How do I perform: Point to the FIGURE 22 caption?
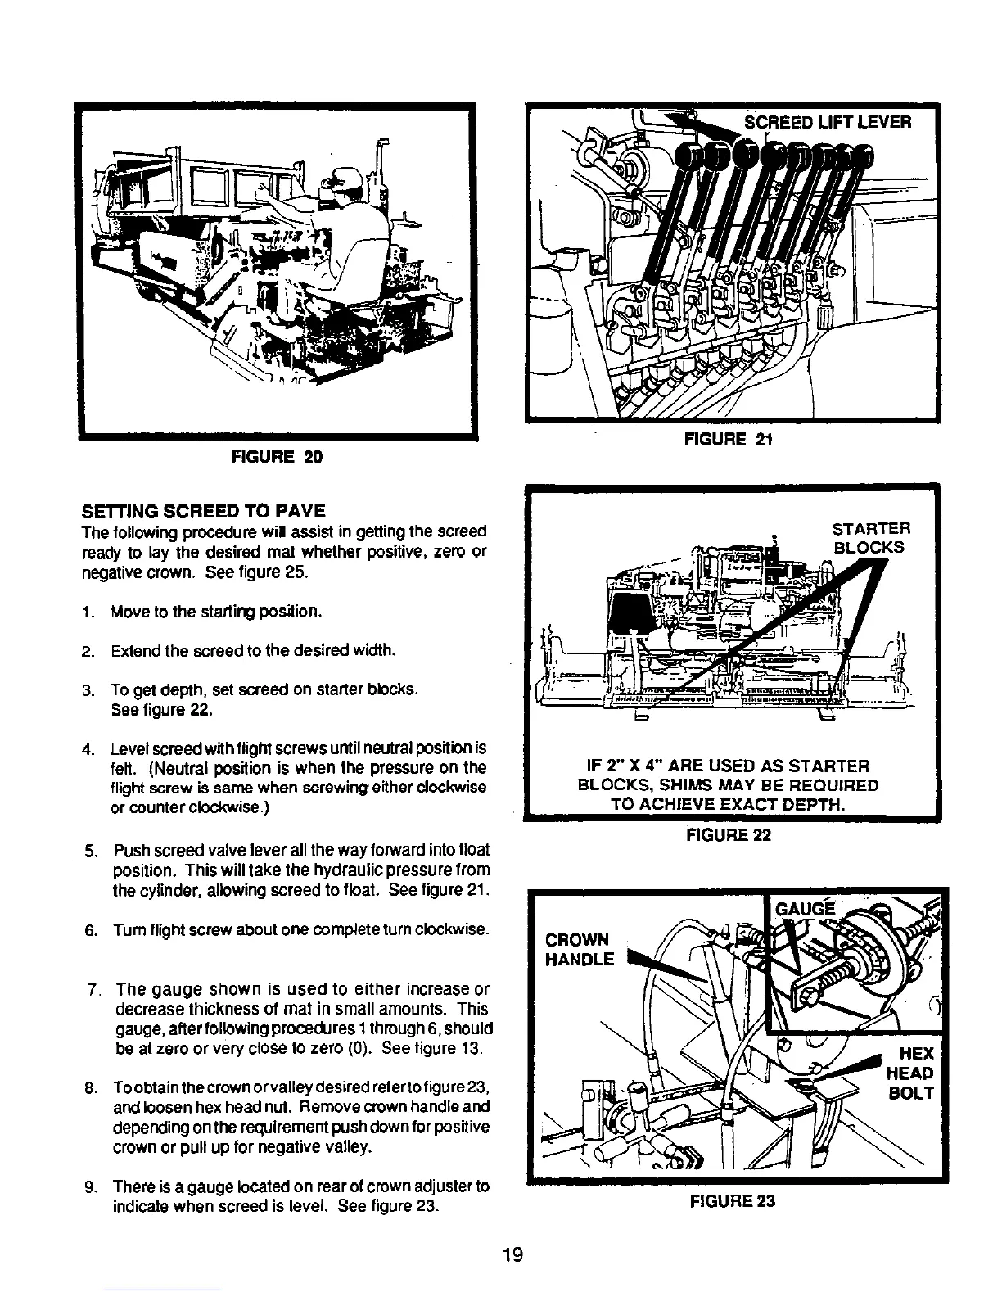pos(729,836)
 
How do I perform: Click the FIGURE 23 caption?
pos(732,1201)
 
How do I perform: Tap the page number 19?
pos(514,1255)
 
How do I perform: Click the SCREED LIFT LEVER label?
pos(827,123)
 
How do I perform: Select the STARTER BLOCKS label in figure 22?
pos(870,537)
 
